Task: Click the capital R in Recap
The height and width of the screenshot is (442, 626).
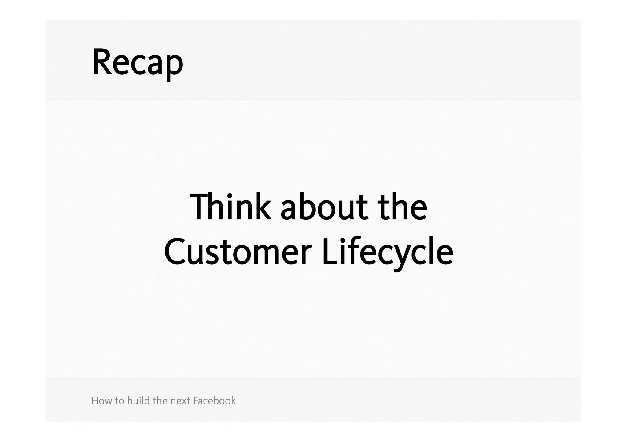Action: [100, 62]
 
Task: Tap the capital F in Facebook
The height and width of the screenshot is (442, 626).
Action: [196, 400]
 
